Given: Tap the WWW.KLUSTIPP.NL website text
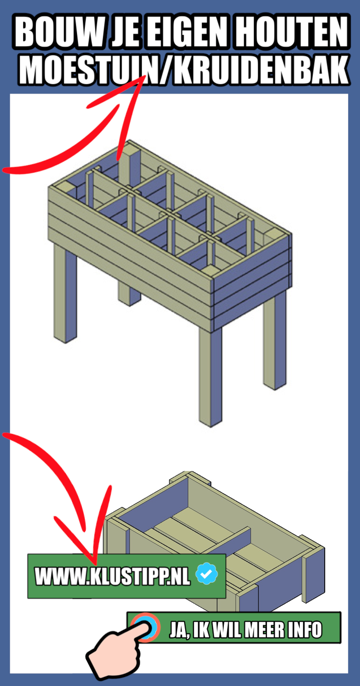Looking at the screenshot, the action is [x=112, y=576].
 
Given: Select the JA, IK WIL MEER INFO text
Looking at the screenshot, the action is [x=245, y=630].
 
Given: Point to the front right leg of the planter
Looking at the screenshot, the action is [x=210, y=377].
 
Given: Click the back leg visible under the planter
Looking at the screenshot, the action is [x=129, y=294].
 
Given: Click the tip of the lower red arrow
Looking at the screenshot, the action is [x=96, y=564].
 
